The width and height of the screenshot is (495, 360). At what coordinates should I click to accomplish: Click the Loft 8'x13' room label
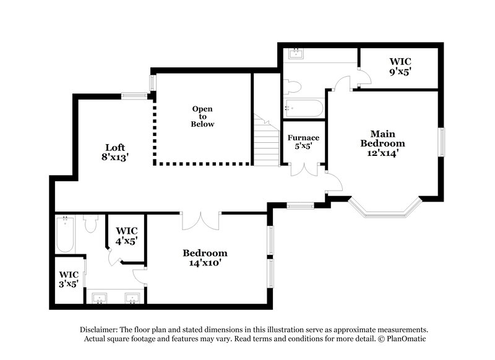pyautogui.click(x=115, y=152)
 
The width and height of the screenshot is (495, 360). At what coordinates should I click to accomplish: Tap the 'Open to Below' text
pyautogui.click(x=202, y=116)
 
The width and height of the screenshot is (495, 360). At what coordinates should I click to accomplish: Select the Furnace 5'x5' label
pyautogui.click(x=303, y=142)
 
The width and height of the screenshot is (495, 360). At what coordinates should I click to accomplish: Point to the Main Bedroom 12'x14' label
pyautogui.click(x=383, y=143)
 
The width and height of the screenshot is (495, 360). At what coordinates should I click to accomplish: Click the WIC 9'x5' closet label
pyautogui.click(x=400, y=66)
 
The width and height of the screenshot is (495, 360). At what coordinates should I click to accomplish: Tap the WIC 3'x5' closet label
pyautogui.click(x=69, y=280)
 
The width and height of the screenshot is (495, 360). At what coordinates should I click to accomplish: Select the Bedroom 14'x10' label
pyautogui.click(x=205, y=257)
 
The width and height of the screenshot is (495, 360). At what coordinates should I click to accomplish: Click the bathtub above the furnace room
pyautogui.click(x=303, y=109)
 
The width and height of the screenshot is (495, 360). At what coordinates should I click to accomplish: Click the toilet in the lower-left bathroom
pyautogui.click(x=91, y=224)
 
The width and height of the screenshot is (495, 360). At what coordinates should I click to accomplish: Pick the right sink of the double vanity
pyautogui.click(x=132, y=299)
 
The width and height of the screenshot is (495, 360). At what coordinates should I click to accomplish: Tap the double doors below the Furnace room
pyautogui.click(x=304, y=169)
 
